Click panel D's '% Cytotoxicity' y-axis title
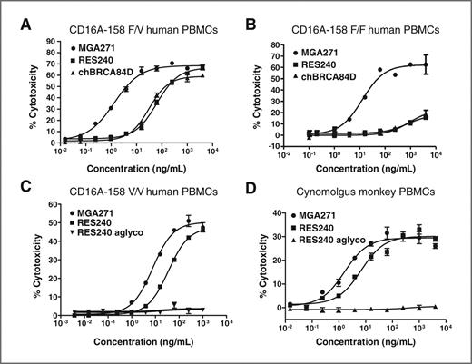(x=259, y=263)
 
